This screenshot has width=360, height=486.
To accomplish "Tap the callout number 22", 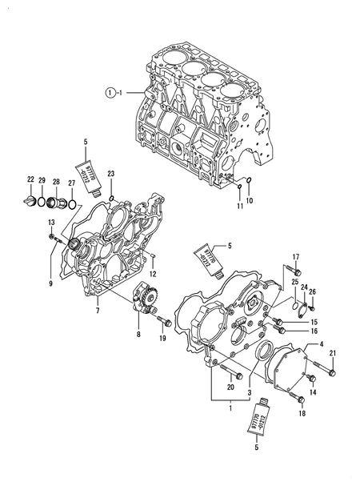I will (x=30, y=179).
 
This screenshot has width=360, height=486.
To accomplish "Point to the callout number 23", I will (x=111, y=174).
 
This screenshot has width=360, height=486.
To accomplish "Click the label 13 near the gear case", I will (x=50, y=222).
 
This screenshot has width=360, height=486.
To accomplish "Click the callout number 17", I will (x=295, y=256).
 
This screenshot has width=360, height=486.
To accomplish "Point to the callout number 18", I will (x=302, y=414).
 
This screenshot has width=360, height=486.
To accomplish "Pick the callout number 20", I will (x=231, y=388).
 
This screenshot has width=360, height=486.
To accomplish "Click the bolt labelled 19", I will (x=166, y=323).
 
